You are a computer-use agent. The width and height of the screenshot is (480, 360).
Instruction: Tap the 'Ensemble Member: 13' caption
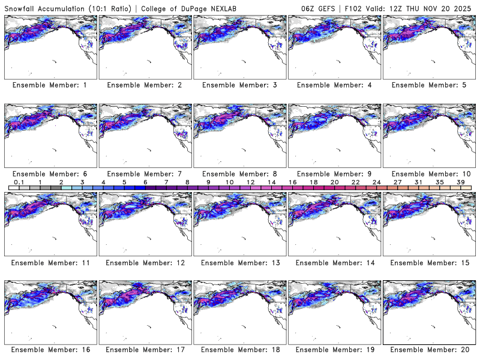tap(238, 263)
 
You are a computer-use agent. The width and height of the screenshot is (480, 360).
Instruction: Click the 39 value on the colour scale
tap(460, 182)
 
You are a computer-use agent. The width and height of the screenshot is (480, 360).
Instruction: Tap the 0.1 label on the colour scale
tap(19, 182)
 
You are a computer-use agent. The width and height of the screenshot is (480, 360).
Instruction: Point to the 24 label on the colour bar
tap(376, 182)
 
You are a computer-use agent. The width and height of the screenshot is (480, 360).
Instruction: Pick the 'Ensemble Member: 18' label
tap(238, 350)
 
